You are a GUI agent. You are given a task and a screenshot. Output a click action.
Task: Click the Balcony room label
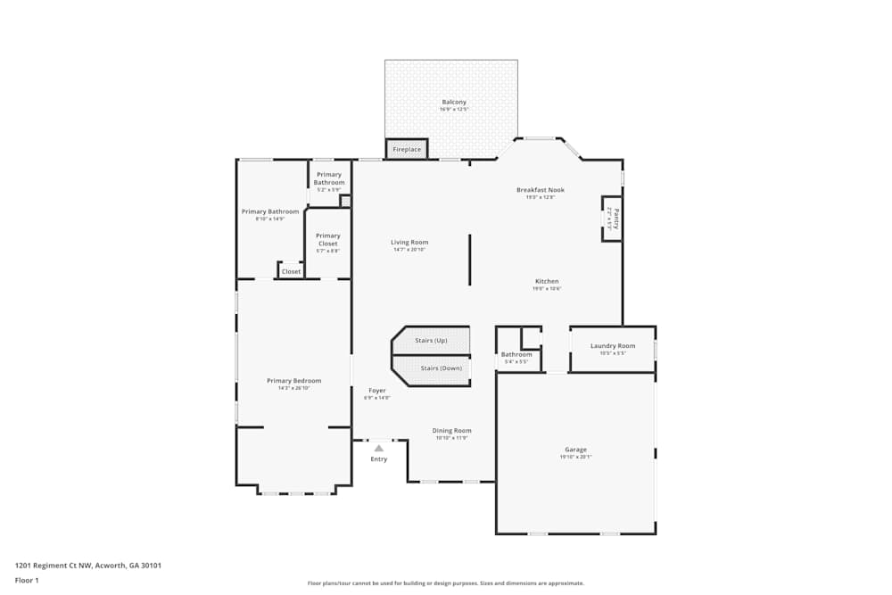coord(453,103)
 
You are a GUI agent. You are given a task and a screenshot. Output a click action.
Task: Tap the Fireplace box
coord(407,149)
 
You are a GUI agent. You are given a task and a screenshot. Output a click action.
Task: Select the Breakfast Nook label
coord(540,190)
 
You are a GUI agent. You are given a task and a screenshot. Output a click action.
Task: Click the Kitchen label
coord(547,282)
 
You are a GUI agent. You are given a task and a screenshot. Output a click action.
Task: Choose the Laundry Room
coord(613,348)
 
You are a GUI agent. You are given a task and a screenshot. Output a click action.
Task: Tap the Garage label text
coord(575,450)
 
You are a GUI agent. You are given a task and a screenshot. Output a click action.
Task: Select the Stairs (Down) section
coord(441,368)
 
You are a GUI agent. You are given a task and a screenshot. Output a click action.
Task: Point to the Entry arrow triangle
coord(378,448)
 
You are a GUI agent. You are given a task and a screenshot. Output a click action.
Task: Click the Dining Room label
coord(451,431)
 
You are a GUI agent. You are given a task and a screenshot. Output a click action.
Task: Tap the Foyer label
coord(377,391)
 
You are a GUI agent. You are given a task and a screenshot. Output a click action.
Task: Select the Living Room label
coord(409,243)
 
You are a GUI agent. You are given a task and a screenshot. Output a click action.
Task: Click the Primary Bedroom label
coord(293,381)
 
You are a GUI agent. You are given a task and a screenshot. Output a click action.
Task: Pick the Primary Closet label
coord(328,239)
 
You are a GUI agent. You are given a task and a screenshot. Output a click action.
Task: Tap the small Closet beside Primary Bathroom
coord(291,271)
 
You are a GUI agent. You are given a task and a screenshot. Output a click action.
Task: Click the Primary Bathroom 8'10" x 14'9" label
coord(270,212)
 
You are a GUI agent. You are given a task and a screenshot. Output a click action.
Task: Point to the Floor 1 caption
coord(27,580)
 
